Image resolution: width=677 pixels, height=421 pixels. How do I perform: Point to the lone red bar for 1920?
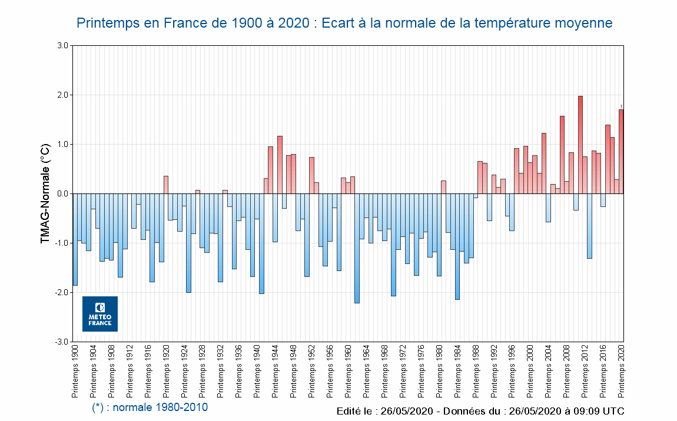click(x=166, y=185)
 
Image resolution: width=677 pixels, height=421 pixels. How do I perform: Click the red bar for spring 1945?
click(x=280, y=165)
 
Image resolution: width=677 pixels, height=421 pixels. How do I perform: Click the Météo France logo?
click(x=100, y=314)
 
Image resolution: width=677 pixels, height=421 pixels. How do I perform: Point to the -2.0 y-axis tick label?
click(x=61, y=292)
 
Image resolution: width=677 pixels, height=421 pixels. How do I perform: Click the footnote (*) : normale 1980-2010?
click(x=150, y=407)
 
